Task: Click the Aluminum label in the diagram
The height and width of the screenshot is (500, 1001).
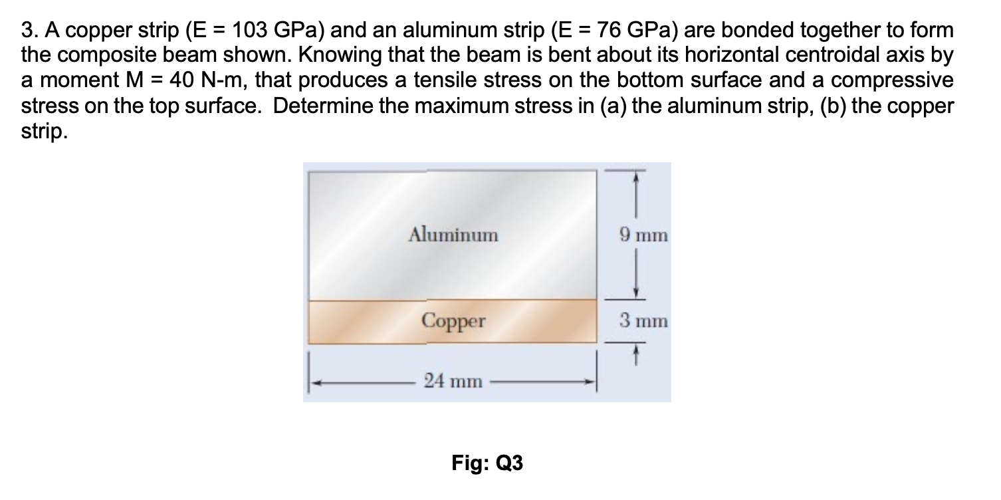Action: [453, 234]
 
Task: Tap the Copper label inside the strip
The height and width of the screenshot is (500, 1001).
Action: [453, 322]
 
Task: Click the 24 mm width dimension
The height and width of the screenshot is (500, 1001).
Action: [453, 381]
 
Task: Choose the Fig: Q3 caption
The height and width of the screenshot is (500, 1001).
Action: [487, 463]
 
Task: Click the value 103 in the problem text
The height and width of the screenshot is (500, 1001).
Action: [243, 31]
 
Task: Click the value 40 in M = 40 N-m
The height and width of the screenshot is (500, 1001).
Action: [181, 81]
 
